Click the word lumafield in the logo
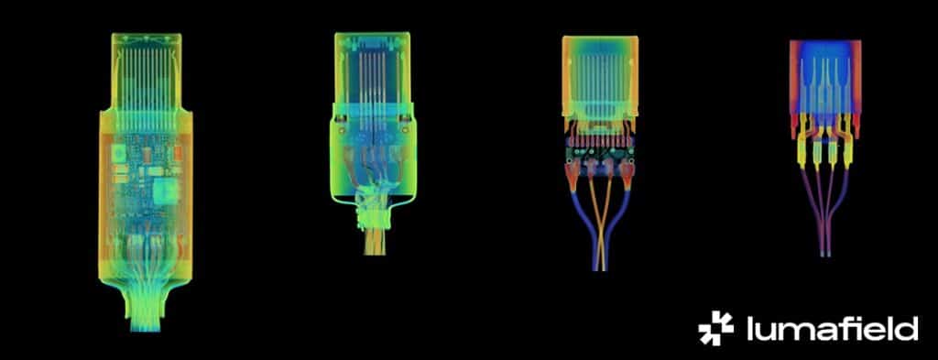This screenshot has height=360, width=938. (x=832, y=329)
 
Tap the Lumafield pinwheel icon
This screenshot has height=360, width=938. (x=715, y=328)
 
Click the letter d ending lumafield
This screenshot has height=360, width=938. (x=908, y=329)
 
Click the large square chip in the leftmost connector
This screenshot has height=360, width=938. (x=167, y=191)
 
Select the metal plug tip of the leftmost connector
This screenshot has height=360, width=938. (x=146, y=71)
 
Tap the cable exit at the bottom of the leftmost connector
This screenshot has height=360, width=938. (x=147, y=308)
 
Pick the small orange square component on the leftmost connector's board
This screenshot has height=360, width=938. (x=176, y=155)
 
